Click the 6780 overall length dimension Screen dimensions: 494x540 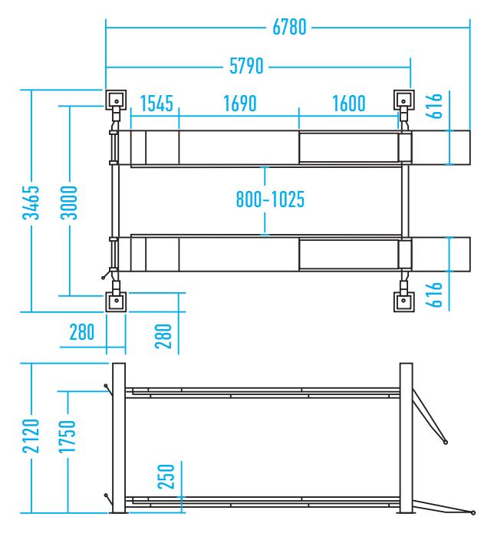click(289, 27)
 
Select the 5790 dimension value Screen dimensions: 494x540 click(246, 66)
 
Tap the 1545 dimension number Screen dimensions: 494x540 click(156, 104)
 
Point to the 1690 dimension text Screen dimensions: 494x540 click(240, 104)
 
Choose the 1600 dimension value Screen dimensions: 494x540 click(348, 104)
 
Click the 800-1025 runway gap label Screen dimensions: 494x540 click(270, 199)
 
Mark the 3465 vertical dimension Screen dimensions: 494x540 click(31, 202)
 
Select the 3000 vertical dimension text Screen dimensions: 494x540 click(69, 202)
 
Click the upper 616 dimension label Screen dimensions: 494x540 click(433, 106)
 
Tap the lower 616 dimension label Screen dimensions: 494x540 click(433, 295)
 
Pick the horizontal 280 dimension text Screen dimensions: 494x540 click(81, 332)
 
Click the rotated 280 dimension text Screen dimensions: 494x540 click(163, 336)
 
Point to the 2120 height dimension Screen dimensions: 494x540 click(31, 436)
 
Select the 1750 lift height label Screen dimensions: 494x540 click(67, 436)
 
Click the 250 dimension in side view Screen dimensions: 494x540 click(166, 476)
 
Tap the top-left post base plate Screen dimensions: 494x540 click(116, 100)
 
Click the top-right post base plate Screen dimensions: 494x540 click(403, 100)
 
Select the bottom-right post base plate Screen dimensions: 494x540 click(403, 301)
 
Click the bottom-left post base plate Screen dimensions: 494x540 click(116, 301)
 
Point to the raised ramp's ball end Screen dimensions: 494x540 click(446, 442)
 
